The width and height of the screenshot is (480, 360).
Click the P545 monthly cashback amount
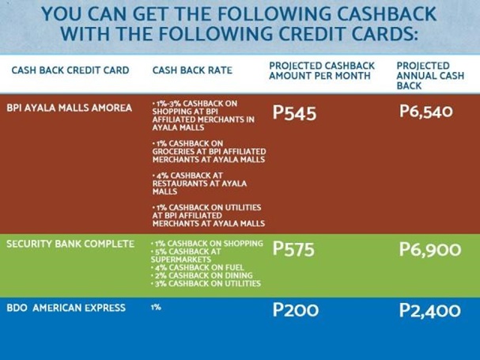coord(294,113)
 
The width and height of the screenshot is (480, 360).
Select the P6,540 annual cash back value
coord(425,112)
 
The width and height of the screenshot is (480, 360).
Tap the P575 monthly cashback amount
coord(293,248)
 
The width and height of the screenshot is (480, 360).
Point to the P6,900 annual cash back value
coord(430,249)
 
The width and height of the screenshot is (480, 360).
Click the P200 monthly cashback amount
coord(296,309)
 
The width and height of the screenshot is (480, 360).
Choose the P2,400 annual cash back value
coord(430,310)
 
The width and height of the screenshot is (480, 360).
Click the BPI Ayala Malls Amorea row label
coord(69,108)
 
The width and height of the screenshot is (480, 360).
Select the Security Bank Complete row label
coord(70,244)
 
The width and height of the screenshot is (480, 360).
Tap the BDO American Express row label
coord(66,308)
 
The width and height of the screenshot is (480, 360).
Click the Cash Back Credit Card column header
coord(70,70)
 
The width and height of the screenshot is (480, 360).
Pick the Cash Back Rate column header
coord(192,70)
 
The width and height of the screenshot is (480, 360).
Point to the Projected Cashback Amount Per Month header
coord(322,70)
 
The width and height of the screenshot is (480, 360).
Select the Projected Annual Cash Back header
coord(430,76)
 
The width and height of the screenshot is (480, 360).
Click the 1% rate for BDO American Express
coord(156,307)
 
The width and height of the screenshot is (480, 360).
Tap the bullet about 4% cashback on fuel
coord(198,267)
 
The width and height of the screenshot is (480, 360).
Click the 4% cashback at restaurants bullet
coord(199,184)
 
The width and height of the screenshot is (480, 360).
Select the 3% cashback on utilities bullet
coord(206,283)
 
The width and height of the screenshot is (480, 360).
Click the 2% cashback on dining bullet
coord(202,275)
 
